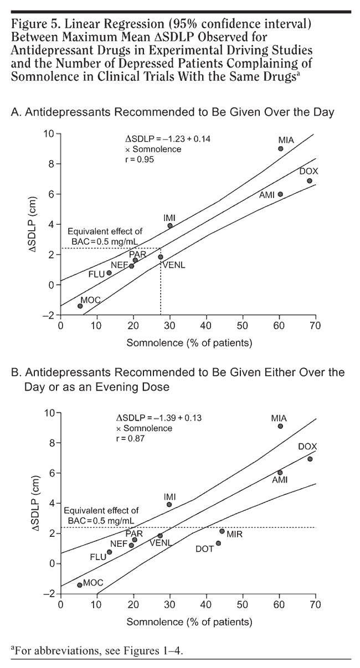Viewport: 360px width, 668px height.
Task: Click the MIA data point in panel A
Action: click(x=281, y=149)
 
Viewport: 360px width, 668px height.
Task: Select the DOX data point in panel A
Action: click(x=310, y=181)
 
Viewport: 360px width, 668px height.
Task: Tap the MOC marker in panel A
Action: click(x=80, y=306)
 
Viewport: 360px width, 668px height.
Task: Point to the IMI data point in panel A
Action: click(x=170, y=226)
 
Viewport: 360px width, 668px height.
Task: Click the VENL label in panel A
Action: click(x=173, y=265)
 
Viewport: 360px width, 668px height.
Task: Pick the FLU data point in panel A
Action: click(x=109, y=273)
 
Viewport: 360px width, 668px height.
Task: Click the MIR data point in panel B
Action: click(x=222, y=531)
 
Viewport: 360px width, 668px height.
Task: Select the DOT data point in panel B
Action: click(x=218, y=543)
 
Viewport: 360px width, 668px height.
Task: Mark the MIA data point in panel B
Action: click(x=280, y=426)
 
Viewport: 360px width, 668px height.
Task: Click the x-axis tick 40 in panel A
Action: click(x=207, y=325)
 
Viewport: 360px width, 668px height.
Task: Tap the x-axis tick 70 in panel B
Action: click(x=315, y=604)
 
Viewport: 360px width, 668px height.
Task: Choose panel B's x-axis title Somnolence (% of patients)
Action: click(x=189, y=622)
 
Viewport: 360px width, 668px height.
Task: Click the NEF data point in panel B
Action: click(x=131, y=545)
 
